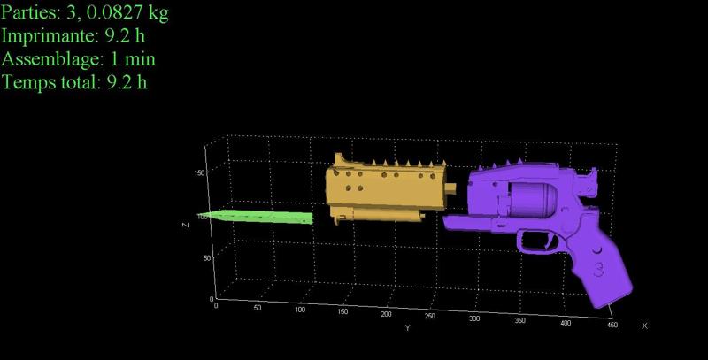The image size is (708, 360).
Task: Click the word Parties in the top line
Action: [x=29, y=12]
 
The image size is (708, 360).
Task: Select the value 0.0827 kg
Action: [x=127, y=12]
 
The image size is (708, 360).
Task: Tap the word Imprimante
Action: [x=50, y=36]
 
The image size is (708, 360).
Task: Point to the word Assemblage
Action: [x=51, y=59]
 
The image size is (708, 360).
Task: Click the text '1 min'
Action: [x=134, y=59]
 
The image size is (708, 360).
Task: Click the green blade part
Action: [x=256, y=217]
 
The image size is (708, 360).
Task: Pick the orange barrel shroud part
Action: [x=385, y=188]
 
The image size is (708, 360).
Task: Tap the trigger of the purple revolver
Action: [x=550, y=242]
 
